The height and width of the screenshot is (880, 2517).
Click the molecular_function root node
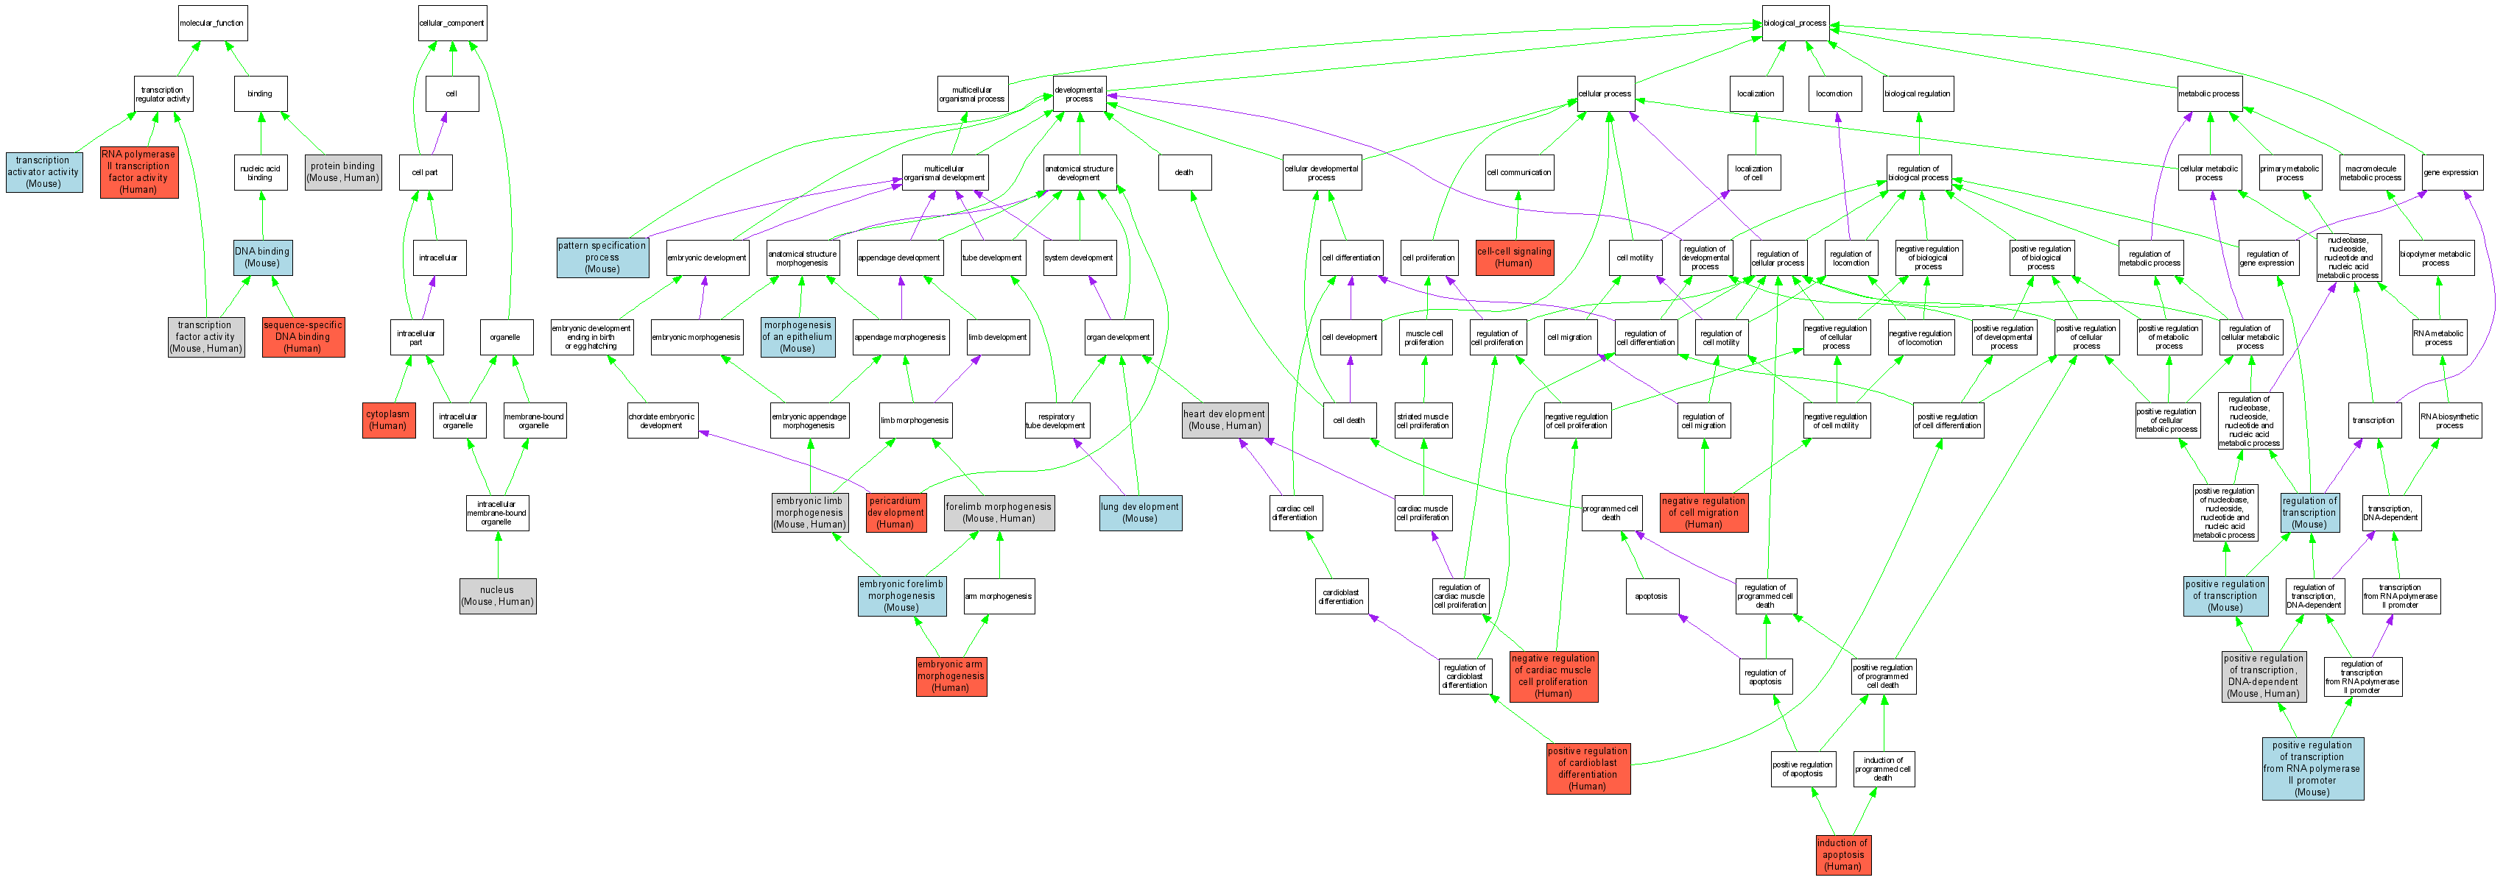tap(212, 24)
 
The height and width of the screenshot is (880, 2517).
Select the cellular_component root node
tap(451, 24)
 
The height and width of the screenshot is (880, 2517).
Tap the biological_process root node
tap(1795, 24)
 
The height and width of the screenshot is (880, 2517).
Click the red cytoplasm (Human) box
tap(388, 420)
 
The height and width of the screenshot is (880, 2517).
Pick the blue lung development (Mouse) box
tap(1139, 513)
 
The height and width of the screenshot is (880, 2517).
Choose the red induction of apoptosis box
tap(1842, 854)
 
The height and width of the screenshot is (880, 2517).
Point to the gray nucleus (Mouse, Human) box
tap(497, 596)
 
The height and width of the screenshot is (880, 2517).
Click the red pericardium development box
tap(895, 513)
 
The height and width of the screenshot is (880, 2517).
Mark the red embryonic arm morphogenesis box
tap(951, 676)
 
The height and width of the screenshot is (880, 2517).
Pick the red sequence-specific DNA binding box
tap(303, 337)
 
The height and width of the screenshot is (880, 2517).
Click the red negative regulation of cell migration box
tap(1703, 513)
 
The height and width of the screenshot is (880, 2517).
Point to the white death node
tap(1184, 173)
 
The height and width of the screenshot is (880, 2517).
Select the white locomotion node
tap(1834, 93)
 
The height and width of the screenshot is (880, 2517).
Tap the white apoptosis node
tap(1651, 596)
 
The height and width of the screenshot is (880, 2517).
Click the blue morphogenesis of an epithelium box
tap(798, 337)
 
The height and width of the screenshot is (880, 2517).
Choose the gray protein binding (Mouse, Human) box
tap(343, 172)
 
